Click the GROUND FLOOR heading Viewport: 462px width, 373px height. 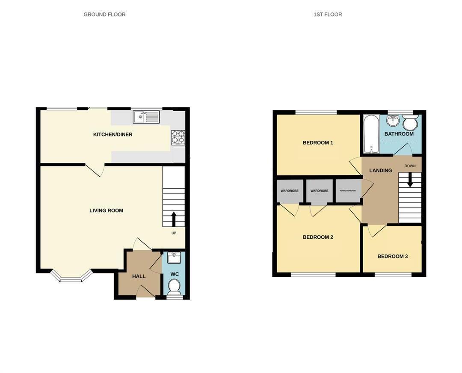(104, 15)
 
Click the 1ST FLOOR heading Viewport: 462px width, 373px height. (328, 15)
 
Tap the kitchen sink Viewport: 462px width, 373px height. (146, 116)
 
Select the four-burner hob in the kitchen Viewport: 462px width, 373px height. (178, 137)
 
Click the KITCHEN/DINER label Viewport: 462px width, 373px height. (113, 134)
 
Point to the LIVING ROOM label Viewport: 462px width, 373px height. (106, 210)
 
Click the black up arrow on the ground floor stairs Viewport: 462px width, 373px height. (174, 219)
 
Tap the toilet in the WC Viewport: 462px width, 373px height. (174, 287)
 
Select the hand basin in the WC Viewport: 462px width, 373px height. (174, 258)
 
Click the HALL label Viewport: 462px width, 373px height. (139, 276)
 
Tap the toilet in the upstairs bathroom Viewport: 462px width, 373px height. (410, 123)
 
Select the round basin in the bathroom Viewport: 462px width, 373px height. (393, 121)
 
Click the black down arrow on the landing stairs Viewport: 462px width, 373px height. (410, 180)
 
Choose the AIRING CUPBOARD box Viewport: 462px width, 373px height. (348, 191)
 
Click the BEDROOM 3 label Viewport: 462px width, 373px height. (392, 256)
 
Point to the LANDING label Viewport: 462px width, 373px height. (381, 170)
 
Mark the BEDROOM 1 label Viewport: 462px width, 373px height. (318, 142)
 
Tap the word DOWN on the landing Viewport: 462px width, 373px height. (410, 166)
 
